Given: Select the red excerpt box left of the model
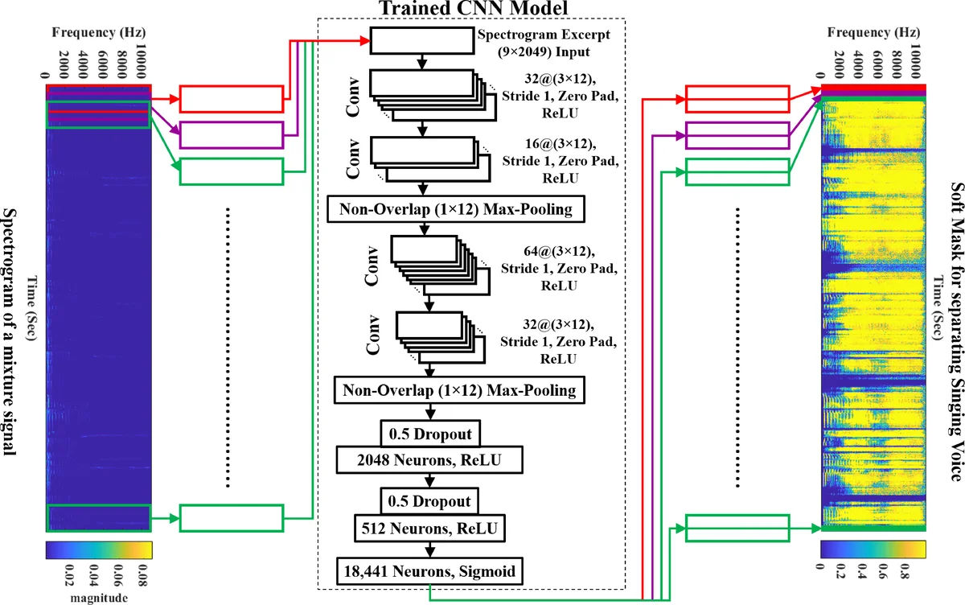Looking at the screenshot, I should tap(231, 98).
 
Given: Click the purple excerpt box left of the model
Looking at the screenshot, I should tap(231, 134).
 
